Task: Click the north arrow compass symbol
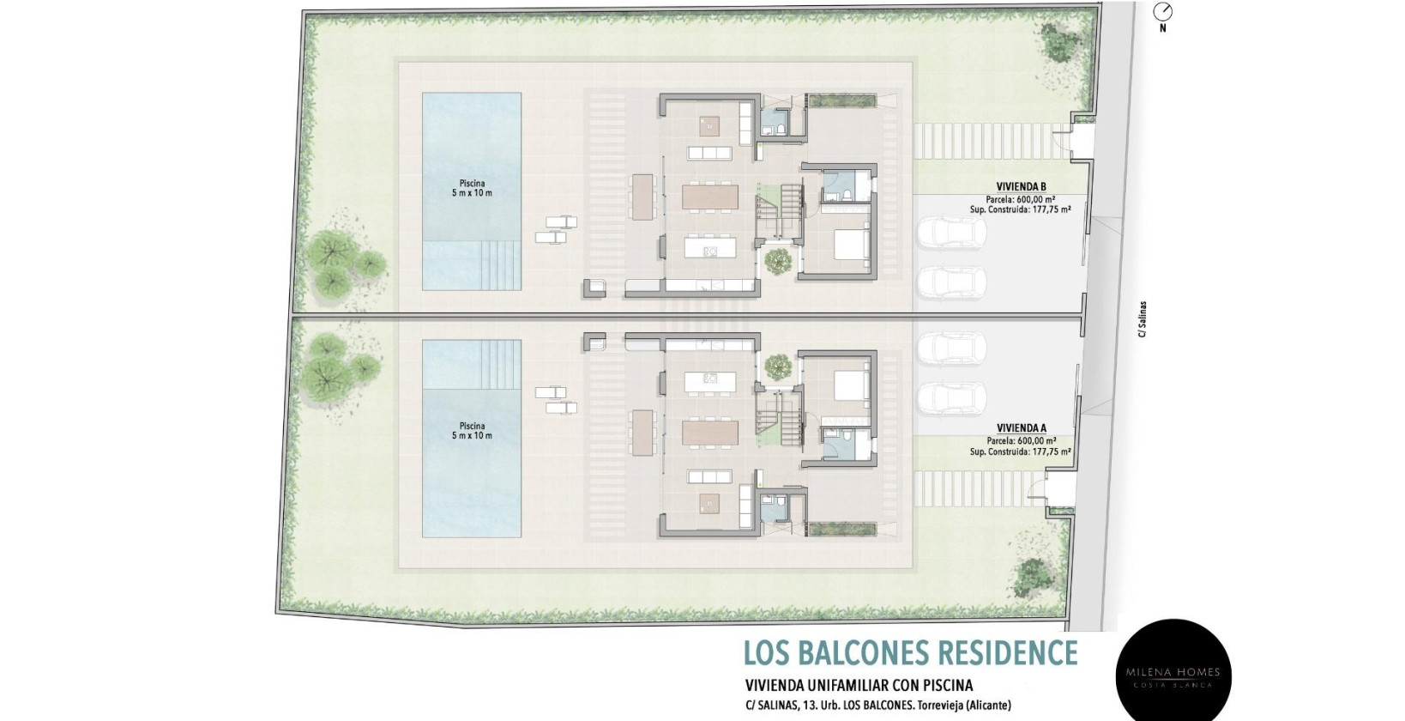[1163, 12]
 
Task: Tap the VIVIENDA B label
[1021, 187]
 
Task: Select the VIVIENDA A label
[1021, 428]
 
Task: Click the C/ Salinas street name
[1143, 319]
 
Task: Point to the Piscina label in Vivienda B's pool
[472, 184]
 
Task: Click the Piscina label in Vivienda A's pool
[472, 426]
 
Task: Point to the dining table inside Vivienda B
[709, 197]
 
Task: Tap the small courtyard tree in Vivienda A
[778, 366]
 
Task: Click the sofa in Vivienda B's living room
[709, 153]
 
